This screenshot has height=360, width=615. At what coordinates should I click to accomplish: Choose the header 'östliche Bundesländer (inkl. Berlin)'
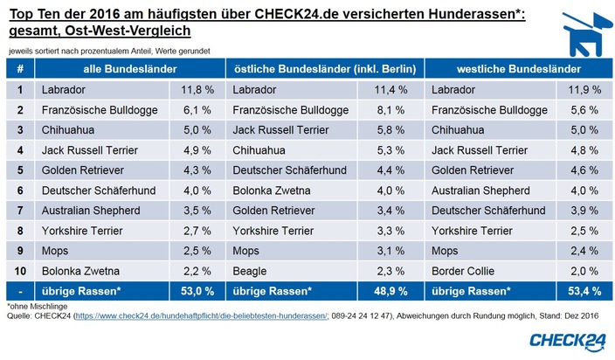(x=319, y=68)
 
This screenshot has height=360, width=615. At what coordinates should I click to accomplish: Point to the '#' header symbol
(x=20, y=68)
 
